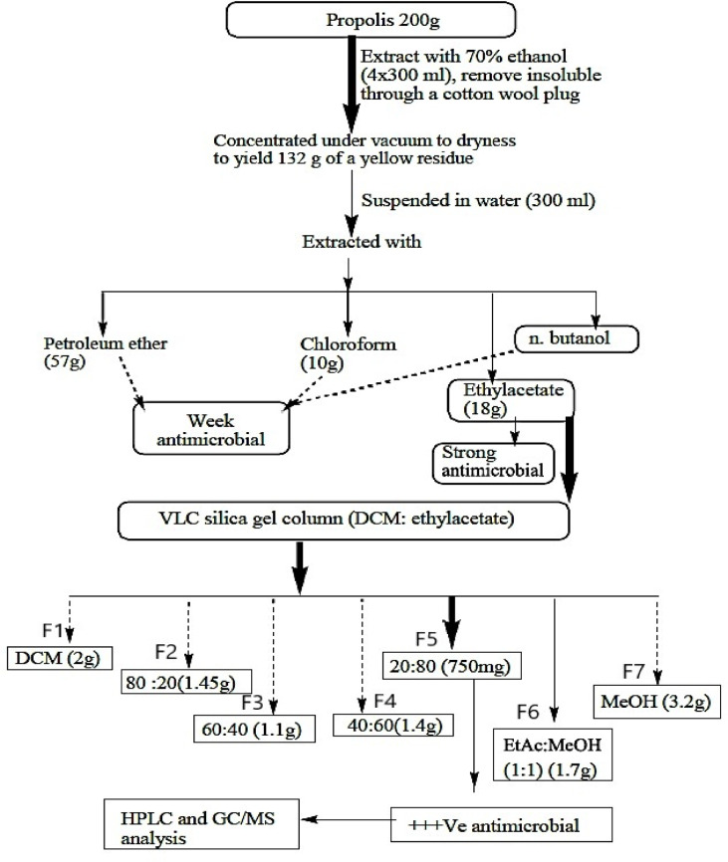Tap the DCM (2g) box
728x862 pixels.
click(57, 656)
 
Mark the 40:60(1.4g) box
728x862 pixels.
click(393, 723)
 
